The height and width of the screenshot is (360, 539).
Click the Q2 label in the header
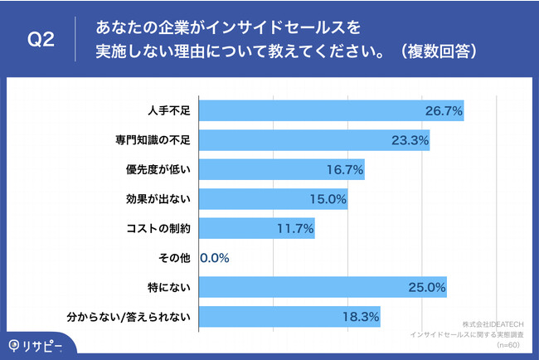41,40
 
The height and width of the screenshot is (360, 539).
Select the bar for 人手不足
332,110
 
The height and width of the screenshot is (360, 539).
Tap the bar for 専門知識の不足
315,140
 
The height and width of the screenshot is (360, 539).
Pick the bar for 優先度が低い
282,169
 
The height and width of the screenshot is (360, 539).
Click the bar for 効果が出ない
274,199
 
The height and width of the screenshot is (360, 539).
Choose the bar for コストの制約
257,228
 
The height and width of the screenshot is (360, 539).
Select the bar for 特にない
323,287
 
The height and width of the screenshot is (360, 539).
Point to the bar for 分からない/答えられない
290,316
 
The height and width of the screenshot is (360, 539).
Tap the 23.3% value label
410,140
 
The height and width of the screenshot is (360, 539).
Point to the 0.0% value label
215,258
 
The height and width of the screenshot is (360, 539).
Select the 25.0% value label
427,287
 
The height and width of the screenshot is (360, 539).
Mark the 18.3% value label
361,316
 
